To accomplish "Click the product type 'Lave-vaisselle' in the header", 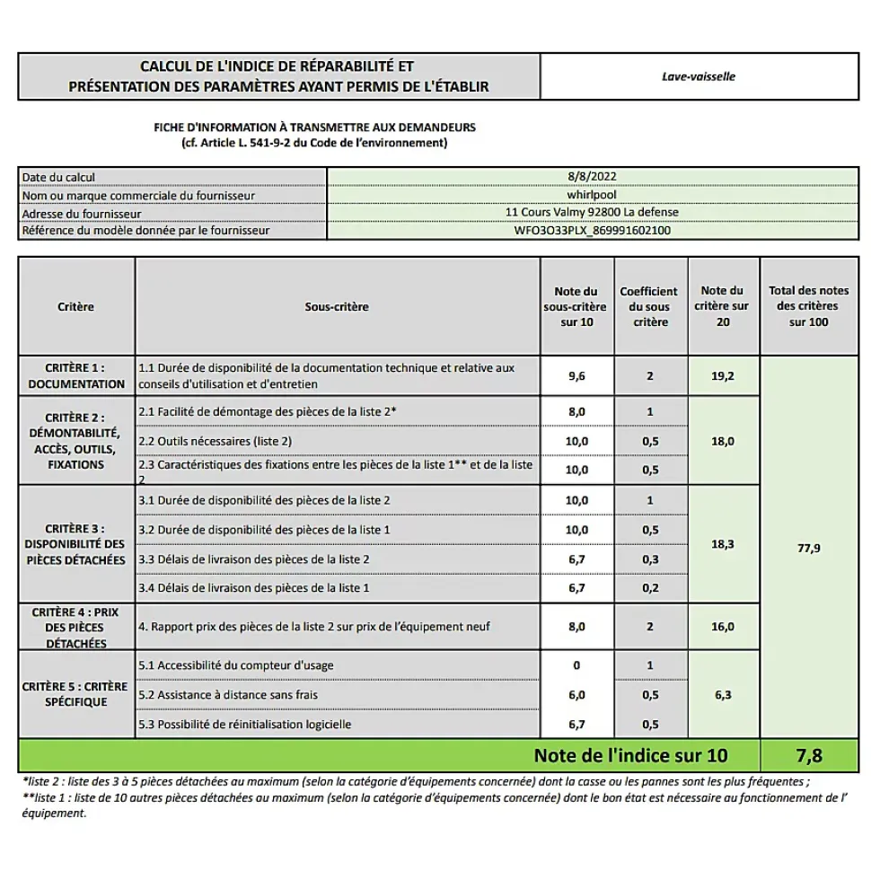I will [698, 76].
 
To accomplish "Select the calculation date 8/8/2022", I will [592, 177].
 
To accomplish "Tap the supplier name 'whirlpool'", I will [592, 194].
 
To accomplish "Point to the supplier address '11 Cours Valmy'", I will [592, 212].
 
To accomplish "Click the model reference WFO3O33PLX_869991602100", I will [592, 230].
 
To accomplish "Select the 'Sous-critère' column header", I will [337, 306].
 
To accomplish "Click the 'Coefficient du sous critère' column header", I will [649, 306].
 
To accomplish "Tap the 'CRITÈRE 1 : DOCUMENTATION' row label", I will [76, 375].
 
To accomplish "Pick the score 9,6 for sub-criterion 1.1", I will [576, 376].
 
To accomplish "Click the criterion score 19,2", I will [723, 376].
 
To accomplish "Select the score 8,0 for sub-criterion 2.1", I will [576, 411].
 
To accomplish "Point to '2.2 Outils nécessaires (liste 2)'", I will [216, 441].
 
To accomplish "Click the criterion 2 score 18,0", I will [723, 441].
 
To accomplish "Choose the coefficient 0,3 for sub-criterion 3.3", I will [650, 559].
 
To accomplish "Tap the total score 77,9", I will [808, 548].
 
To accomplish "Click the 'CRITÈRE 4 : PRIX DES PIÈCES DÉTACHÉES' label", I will [76, 627].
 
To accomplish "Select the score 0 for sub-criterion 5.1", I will [576, 665].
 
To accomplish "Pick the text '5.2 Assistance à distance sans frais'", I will [228, 694].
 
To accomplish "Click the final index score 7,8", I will [808, 756].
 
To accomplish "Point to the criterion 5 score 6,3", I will [723, 694].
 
